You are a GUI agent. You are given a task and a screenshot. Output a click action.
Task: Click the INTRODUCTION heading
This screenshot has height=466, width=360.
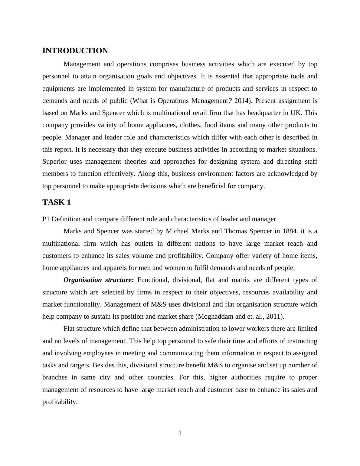75,51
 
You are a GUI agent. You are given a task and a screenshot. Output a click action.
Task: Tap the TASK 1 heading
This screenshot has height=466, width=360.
57,202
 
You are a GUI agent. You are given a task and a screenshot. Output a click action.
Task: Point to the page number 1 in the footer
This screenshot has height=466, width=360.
180,433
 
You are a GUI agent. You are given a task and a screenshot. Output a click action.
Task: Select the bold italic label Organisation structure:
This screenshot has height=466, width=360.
98,280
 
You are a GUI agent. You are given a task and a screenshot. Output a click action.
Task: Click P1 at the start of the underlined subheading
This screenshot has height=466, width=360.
46,219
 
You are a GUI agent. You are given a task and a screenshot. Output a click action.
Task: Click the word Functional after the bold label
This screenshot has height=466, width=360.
153,280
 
